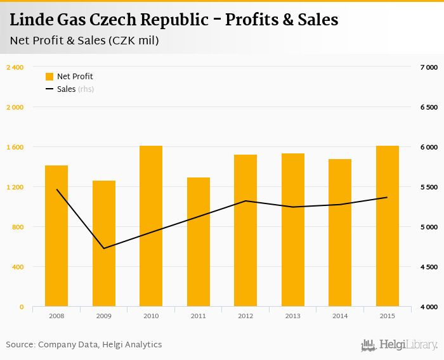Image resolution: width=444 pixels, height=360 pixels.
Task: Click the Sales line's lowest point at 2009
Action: coord(104,248)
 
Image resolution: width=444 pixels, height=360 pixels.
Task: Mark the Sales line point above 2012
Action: coord(245,201)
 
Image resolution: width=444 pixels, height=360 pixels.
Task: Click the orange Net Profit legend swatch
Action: coord(49,77)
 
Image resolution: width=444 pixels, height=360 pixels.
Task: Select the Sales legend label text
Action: coord(66,89)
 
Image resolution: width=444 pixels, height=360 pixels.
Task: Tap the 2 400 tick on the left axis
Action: coord(15,67)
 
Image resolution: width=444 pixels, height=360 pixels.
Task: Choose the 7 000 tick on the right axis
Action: coord(429,67)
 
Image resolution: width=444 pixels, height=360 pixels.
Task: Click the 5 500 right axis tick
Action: coord(429,187)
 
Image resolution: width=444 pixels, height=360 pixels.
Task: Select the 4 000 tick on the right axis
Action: coord(429,307)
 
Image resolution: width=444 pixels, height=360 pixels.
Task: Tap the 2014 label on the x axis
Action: coord(340,316)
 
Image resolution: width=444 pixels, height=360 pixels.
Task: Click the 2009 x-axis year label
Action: coord(104,316)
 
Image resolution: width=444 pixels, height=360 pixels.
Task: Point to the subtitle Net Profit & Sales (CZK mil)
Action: coord(84,41)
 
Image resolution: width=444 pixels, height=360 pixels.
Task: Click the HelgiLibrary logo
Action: coord(399,345)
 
